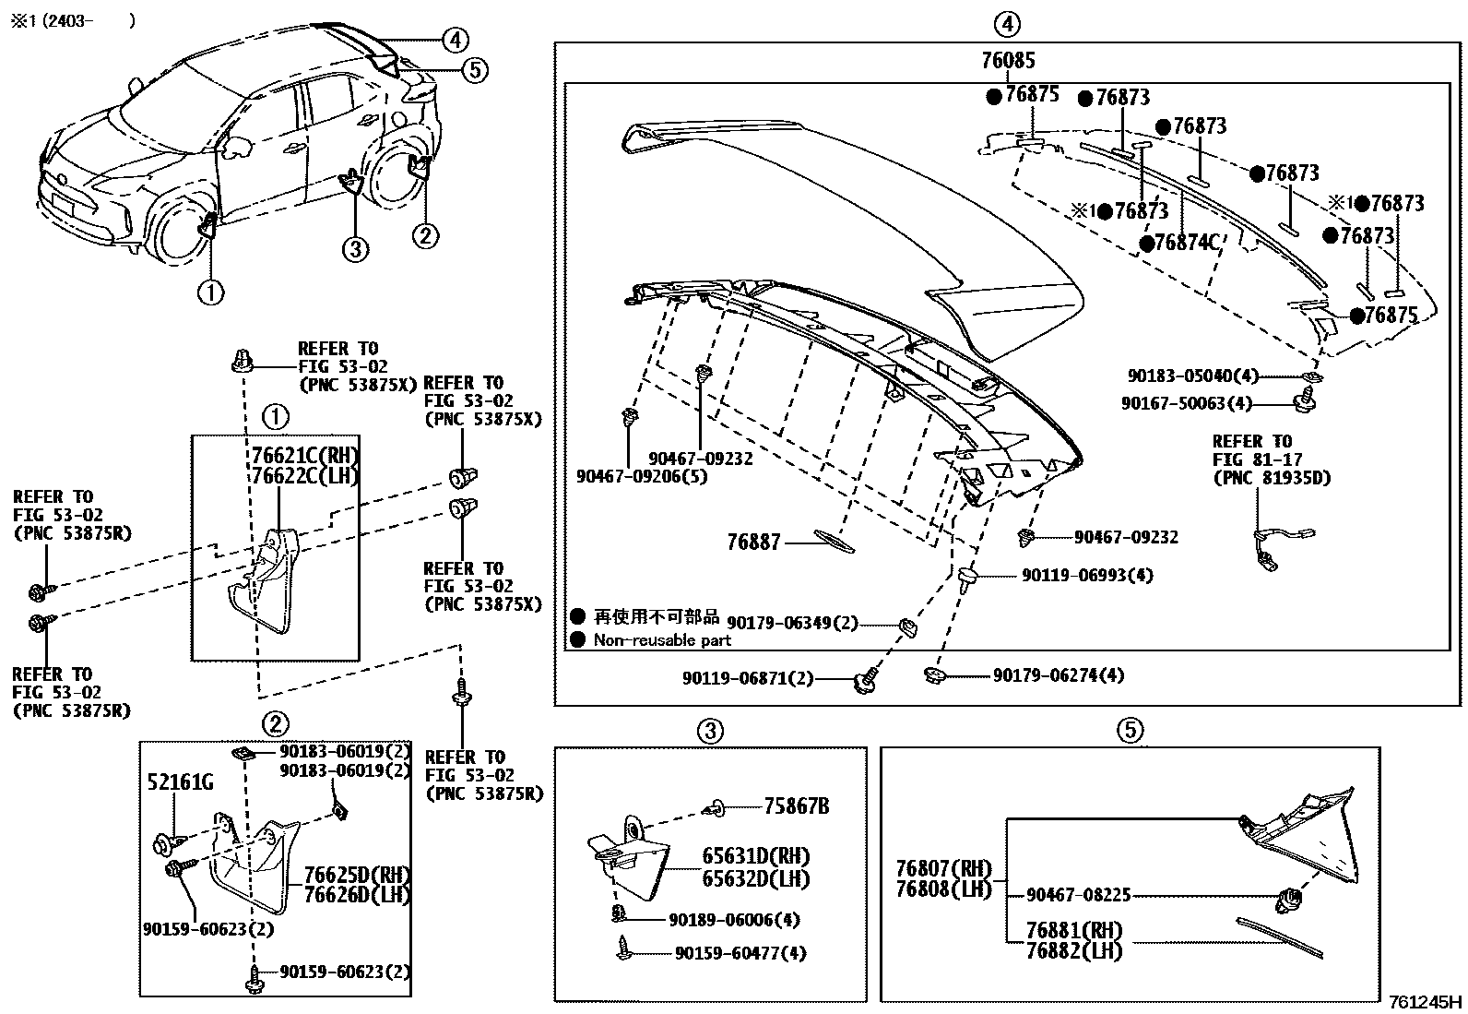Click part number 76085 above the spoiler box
pos(1008,61)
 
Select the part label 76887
pos(753,543)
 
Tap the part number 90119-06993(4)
pos(1087,576)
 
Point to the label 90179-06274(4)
pos(1059,675)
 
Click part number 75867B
pos(796,807)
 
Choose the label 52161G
pos(180,783)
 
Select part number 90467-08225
pos(1079,894)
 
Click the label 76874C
pos(1187,243)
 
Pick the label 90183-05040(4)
pos(1190,376)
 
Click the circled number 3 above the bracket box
pos(709,731)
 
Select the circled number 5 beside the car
pos(474,69)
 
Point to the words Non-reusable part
pos(662,640)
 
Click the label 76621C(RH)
pos(305,457)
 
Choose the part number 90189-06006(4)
pos(734,920)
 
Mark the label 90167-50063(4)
pos(1187,403)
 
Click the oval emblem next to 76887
pos(835,542)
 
